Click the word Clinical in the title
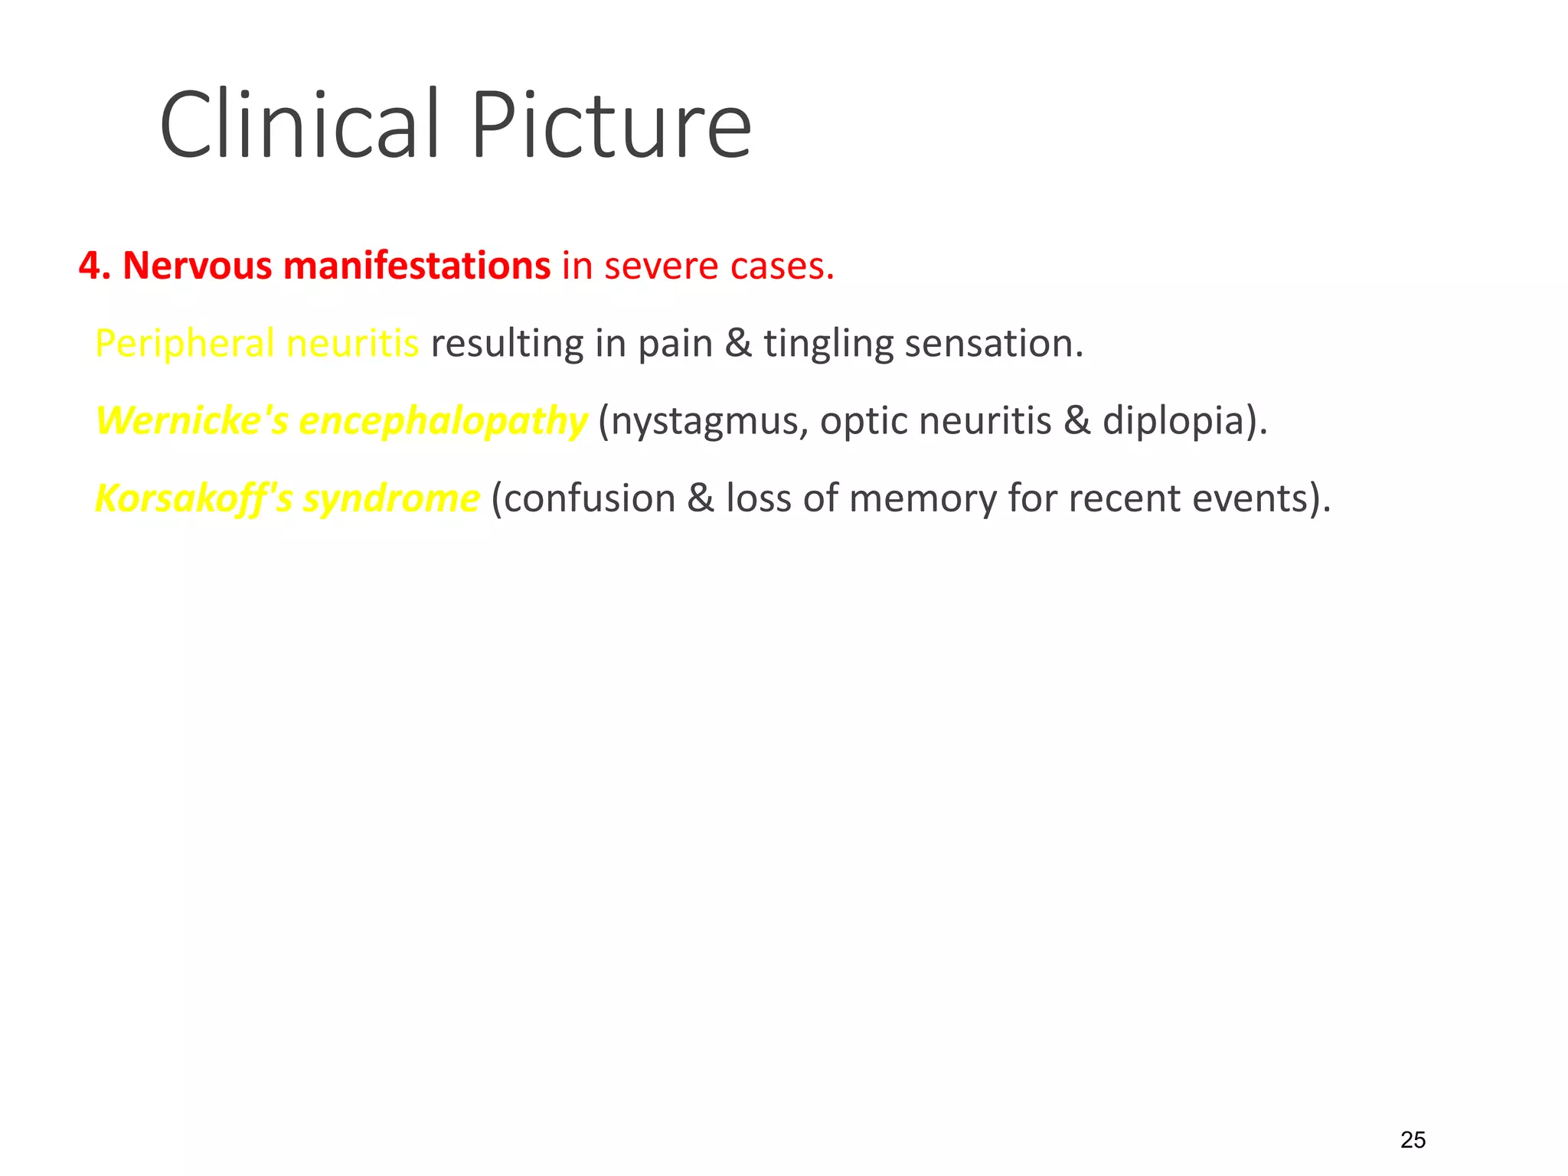tap(299, 125)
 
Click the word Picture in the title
tap(610, 125)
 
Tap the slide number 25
tap(1413, 1140)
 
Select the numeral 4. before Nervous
tap(95, 266)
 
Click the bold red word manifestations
tap(416, 266)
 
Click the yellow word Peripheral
tap(184, 343)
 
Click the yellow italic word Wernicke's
tap(191, 420)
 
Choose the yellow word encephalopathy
tap(443, 422)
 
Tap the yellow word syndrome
tap(391, 498)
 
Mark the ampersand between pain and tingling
tap(738, 343)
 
